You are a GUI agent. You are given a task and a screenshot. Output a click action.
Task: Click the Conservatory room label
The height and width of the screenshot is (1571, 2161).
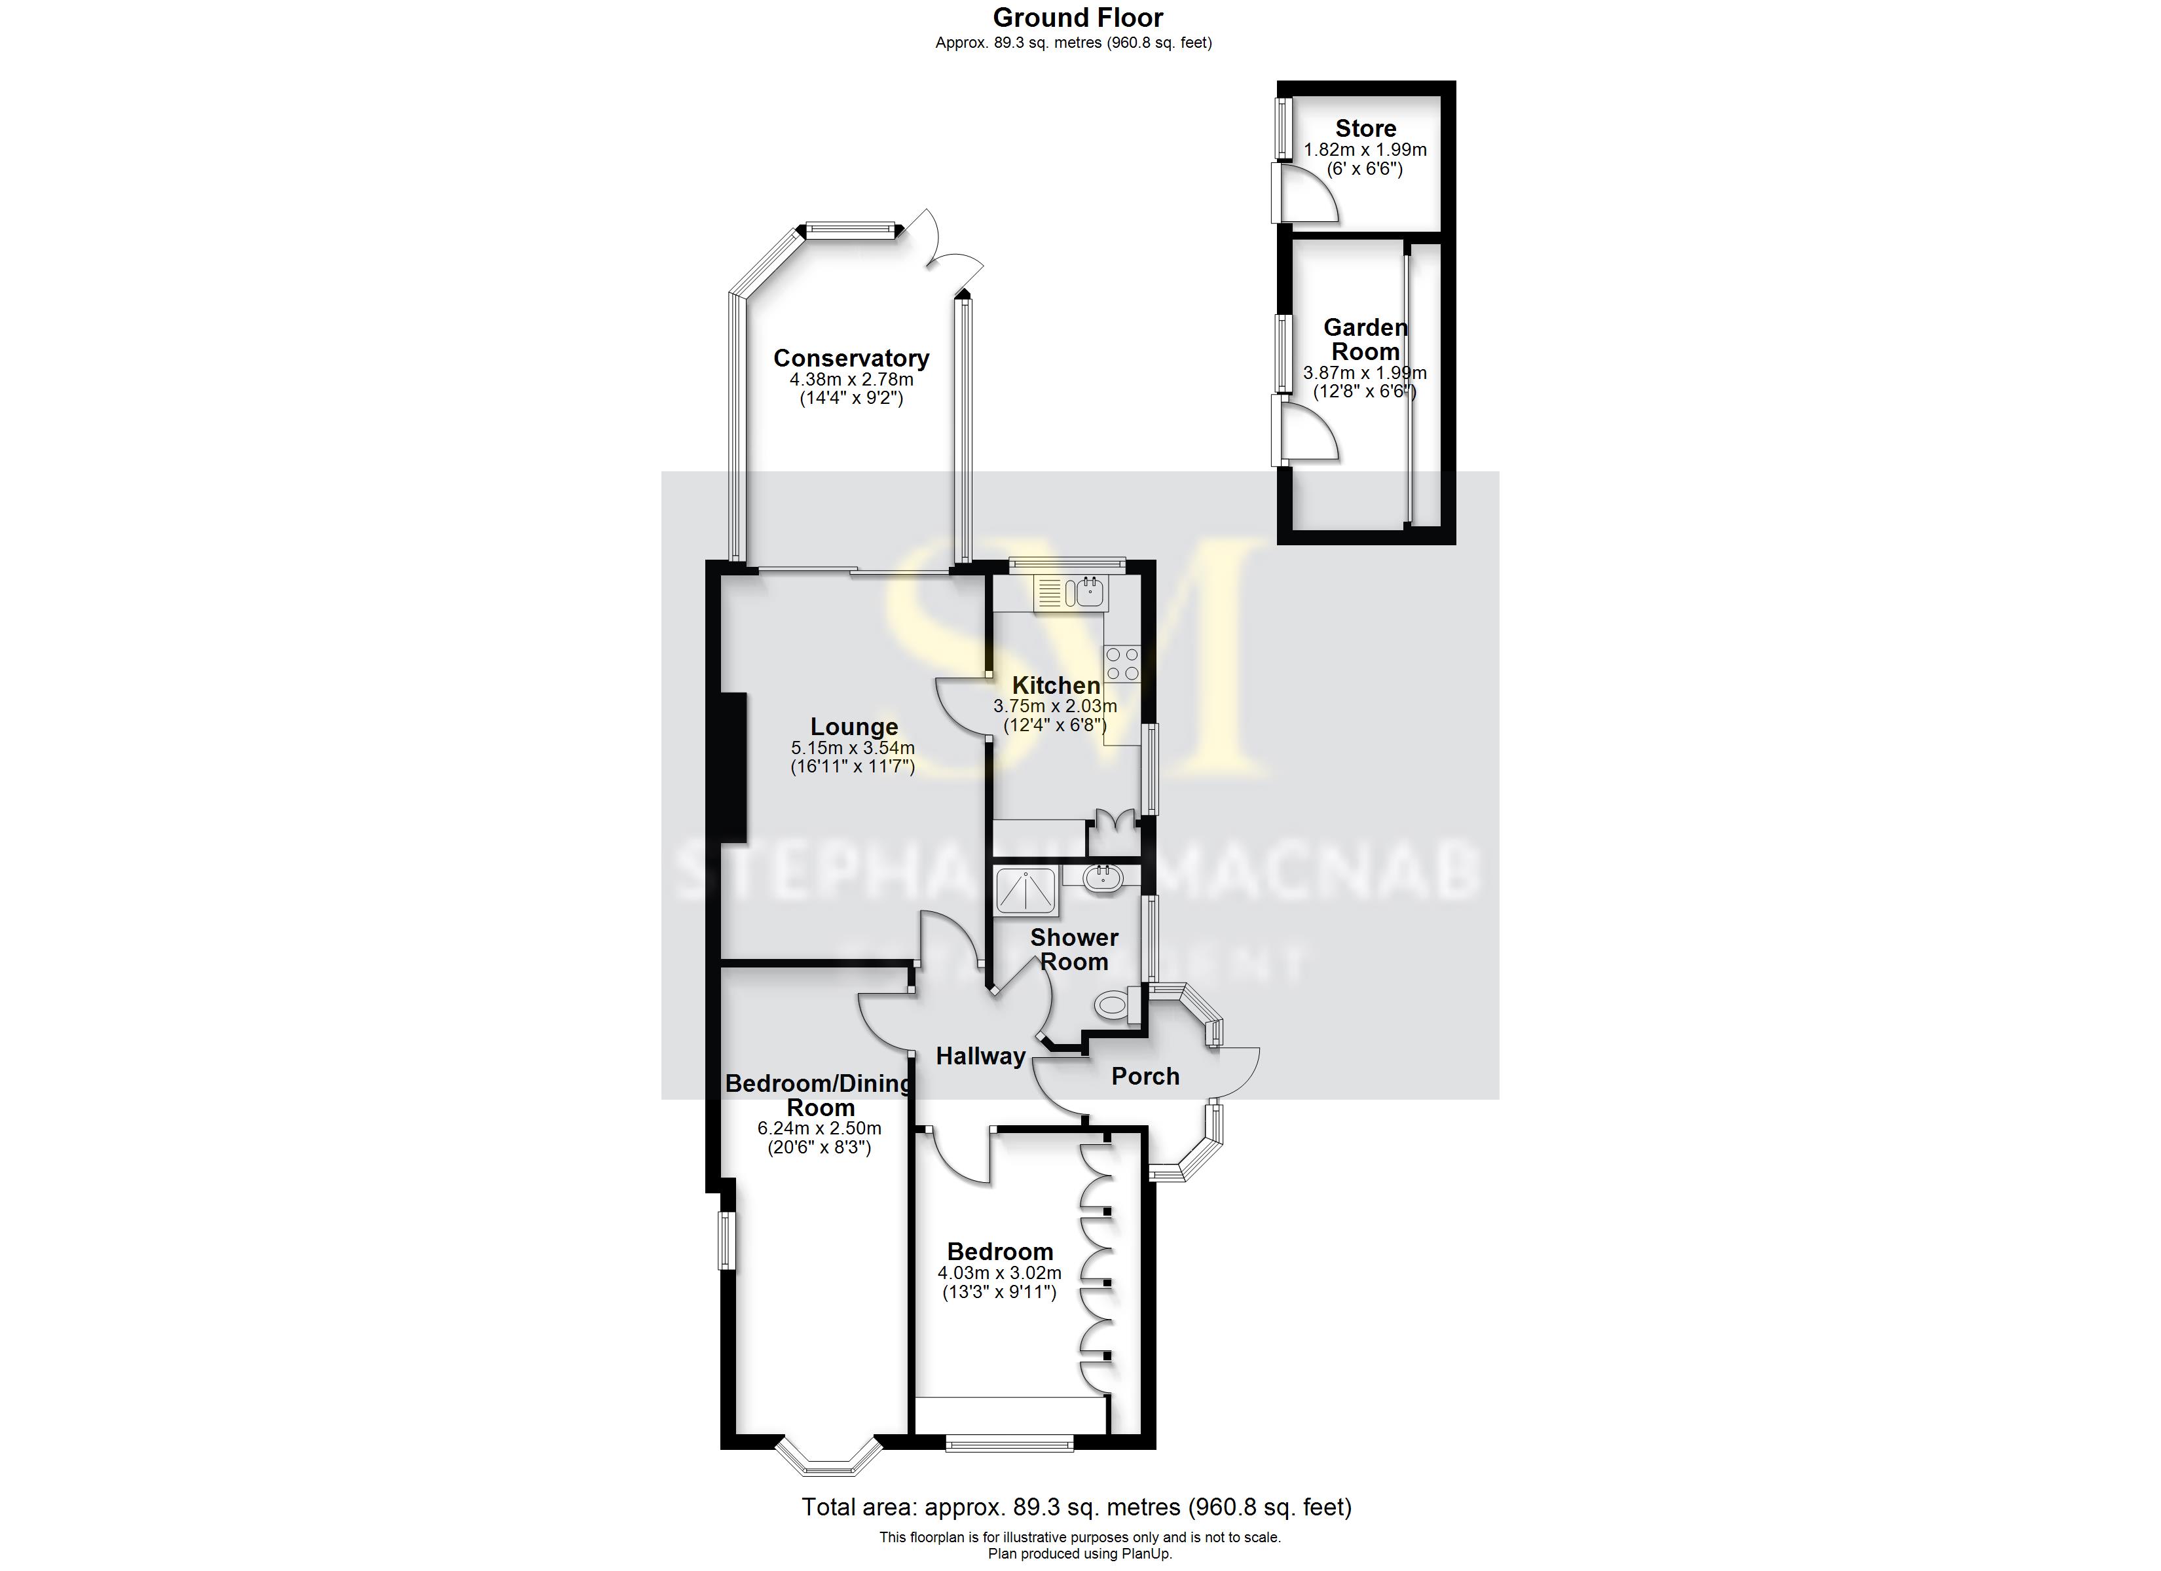point(851,358)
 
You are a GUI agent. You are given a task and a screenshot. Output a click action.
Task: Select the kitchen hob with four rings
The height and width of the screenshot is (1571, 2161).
point(1122,663)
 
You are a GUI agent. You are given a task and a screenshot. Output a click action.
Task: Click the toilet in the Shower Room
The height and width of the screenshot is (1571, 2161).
point(1113,1003)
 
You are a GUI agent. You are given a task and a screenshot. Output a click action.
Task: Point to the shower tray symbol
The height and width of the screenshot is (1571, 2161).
point(1025,891)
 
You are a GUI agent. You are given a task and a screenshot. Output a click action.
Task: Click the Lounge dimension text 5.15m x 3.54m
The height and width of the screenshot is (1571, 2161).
point(853,748)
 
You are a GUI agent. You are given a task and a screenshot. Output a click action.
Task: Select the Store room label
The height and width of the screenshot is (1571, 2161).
point(1365,128)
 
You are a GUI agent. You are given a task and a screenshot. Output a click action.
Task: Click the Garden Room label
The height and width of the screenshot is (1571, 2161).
point(1365,339)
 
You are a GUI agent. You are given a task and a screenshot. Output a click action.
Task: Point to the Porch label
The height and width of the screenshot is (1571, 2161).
point(1145,1077)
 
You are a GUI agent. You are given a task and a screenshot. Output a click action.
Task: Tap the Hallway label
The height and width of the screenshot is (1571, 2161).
point(980,1056)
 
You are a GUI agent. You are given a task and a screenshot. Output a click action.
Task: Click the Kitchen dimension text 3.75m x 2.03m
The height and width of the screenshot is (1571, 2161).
point(1055,706)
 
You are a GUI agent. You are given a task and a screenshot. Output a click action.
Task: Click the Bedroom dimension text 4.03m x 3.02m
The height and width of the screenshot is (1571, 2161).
point(999,1273)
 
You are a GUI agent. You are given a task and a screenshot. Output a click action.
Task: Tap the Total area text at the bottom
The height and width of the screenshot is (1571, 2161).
point(1077,1506)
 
